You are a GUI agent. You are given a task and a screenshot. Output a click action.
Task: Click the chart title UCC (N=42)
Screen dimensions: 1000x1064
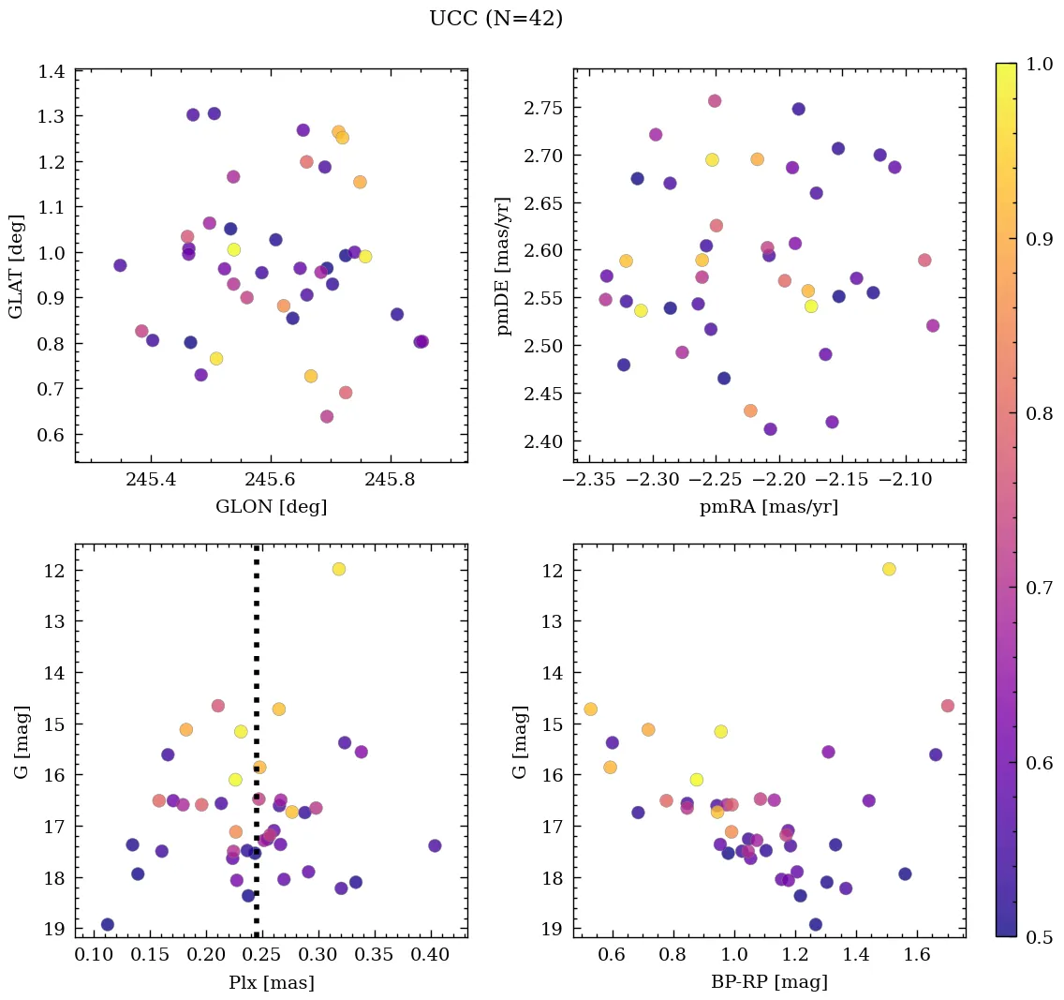495,19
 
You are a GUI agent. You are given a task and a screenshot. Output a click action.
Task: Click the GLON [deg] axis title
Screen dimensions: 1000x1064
271,507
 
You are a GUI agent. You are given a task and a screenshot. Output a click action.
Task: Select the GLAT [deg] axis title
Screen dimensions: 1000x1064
17,266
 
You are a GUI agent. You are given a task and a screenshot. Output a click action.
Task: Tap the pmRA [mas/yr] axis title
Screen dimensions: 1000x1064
769,507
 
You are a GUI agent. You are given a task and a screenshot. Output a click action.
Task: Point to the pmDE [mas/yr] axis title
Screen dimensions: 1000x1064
505,266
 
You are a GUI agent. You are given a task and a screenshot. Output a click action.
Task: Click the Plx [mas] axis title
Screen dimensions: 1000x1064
271,982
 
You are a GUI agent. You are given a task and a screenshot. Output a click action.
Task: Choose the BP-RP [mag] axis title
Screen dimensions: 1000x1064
769,982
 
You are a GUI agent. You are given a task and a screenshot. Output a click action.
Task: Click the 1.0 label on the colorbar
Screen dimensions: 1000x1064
1040,64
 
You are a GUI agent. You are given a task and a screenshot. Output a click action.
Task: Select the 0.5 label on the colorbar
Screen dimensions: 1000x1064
1040,937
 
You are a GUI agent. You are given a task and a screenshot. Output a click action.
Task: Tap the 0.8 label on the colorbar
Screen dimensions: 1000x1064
1040,413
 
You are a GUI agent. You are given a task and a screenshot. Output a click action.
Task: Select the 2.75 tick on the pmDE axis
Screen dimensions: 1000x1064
540,108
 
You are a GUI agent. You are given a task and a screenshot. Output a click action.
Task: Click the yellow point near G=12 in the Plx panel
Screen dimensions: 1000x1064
339,569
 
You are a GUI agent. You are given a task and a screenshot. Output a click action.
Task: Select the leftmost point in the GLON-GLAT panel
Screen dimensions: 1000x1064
120,265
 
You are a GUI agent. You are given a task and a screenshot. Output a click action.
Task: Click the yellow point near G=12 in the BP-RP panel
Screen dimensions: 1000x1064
889,569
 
